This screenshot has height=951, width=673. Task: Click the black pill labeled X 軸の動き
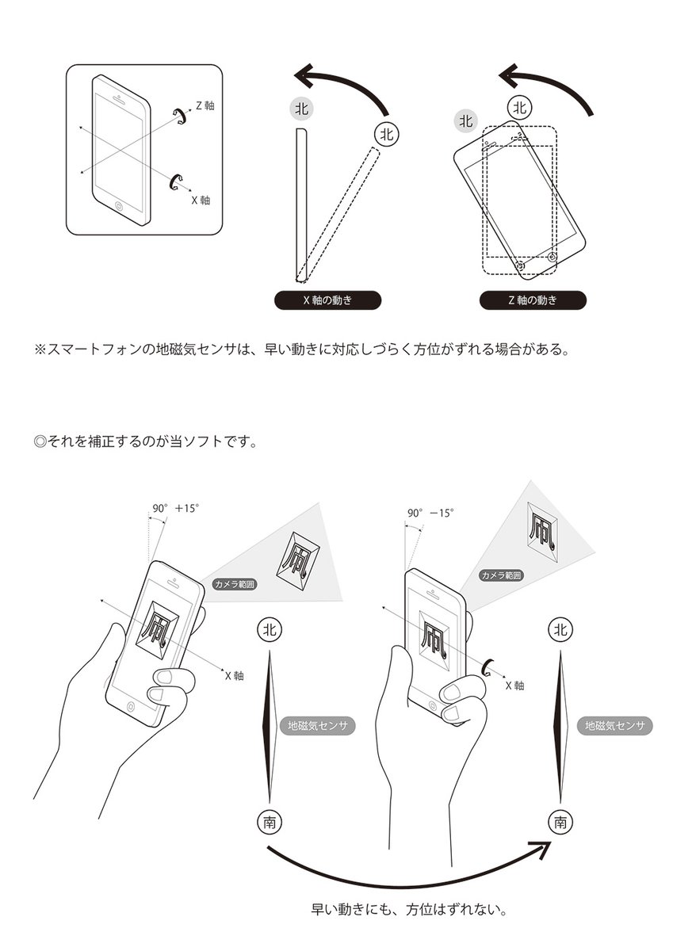click(x=327, y=300)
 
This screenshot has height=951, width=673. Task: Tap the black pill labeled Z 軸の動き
click(x=533, y=300)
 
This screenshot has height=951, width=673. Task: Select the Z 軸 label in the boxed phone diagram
click(x=205, y=105)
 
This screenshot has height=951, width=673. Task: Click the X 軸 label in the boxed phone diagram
click(x=201, y=200)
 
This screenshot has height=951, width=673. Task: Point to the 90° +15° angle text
click(x=176, y=508)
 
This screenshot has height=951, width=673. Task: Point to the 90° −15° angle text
click(x=430, y=513)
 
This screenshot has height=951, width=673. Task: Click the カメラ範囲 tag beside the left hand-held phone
click(x=235, y=584)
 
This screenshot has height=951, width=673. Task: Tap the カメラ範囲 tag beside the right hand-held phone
click(x=501, y=575)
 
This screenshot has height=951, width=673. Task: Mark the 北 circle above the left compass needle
click(x=270, y=629)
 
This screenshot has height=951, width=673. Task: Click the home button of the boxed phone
click(x=119, y=206)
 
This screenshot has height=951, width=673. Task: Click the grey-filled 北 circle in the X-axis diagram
click(x=302, y=109)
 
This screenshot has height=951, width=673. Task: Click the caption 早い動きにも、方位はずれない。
click(x=409, y=909)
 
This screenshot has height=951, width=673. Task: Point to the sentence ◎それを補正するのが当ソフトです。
click(x=146, y=441)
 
